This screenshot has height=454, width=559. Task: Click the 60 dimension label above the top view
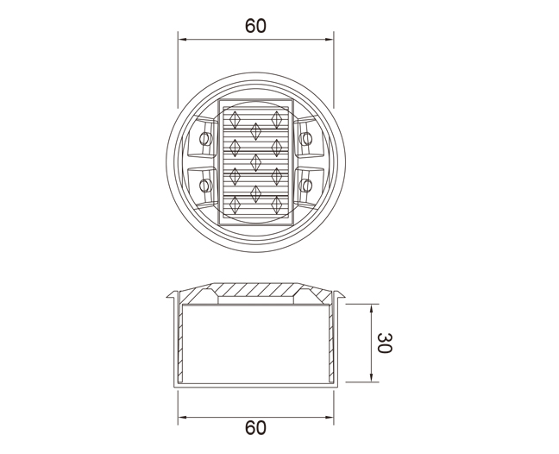[255, 26]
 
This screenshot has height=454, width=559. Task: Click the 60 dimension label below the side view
[255, 427]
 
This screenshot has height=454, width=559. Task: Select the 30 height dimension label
[385, 343]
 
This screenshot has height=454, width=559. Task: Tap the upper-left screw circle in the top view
[205, 138]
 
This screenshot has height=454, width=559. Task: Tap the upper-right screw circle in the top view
[305, 138]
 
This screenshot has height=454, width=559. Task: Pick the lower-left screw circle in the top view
[205, 186]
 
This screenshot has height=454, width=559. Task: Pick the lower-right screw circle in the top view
[305, 186]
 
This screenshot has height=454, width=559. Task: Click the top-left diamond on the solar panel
[235, 120]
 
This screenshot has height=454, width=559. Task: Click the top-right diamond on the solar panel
[276, 120]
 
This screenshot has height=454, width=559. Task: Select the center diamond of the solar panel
[255, 162]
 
